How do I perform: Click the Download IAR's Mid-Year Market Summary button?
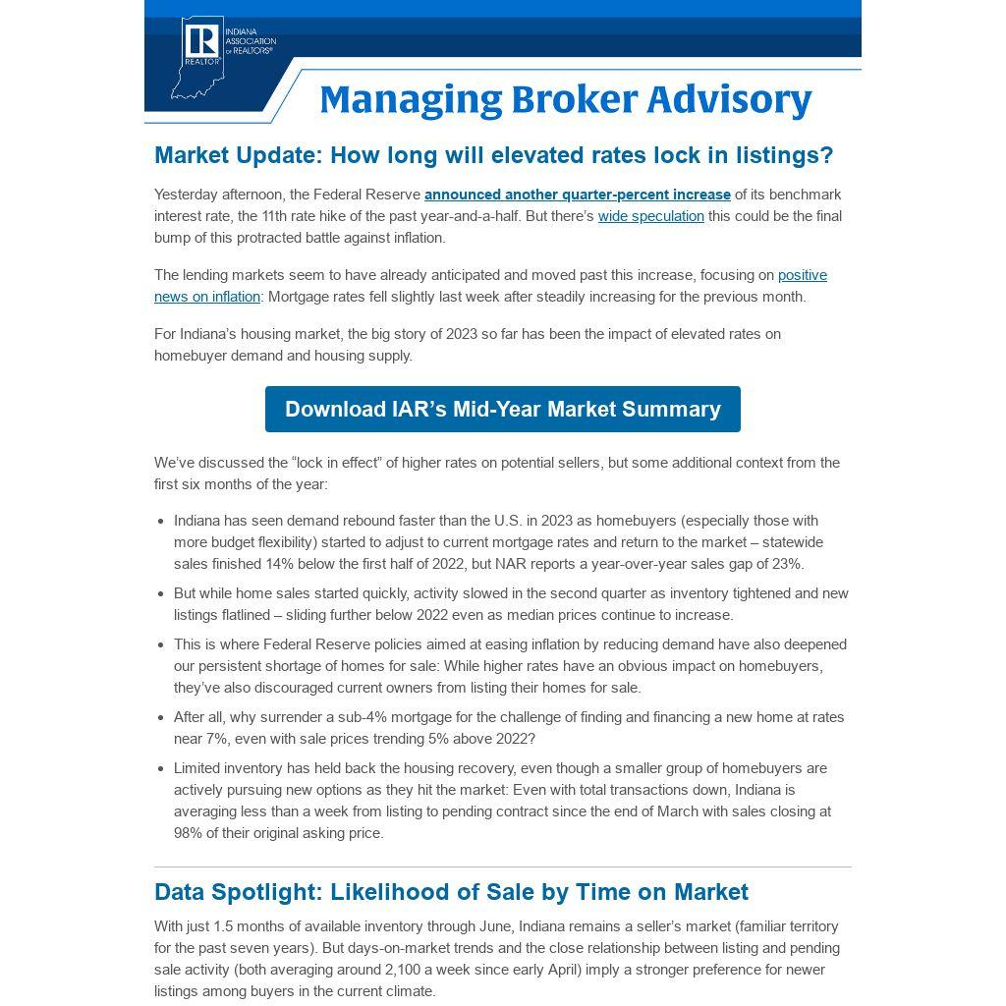click(x=502, y=410)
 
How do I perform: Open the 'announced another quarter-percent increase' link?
click(x=577, y=195)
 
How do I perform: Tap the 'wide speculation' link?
click(x=650, y=216)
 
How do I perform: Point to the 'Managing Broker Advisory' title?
click(x=565, y=100)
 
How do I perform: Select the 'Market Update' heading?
click(x=493, y=155)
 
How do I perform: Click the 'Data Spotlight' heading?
click(x=451, y=892)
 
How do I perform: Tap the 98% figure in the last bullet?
click(x=190, y=833)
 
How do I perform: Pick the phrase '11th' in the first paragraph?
click(x=279, y=216)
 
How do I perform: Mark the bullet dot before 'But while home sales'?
click(x=160, y=594)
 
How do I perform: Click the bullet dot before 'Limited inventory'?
click(x=160, y=769)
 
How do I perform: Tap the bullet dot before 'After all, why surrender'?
click(x=160, y=718)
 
